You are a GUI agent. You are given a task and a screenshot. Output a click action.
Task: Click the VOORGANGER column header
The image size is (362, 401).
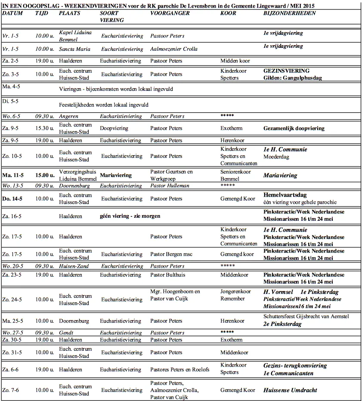tap(170, 13)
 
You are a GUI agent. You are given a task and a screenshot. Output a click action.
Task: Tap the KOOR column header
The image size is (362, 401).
tap(228, 13)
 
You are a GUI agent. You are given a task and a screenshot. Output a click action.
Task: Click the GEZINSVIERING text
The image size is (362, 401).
tap(286, 71)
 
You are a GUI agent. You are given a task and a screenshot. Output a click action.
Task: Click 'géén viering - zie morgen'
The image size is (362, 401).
tap(130, 216)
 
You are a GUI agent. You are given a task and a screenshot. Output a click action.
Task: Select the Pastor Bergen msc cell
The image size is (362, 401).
tap(171, 254)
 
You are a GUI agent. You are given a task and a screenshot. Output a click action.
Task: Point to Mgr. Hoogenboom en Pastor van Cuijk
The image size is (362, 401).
tap(175, 296)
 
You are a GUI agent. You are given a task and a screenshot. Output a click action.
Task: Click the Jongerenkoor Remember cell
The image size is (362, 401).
tap(235, 295)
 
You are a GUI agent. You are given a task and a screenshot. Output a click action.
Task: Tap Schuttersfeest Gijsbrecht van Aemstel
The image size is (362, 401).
tap(306, 317)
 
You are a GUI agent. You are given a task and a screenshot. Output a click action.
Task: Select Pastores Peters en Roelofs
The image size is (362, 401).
tap(179, 369)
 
